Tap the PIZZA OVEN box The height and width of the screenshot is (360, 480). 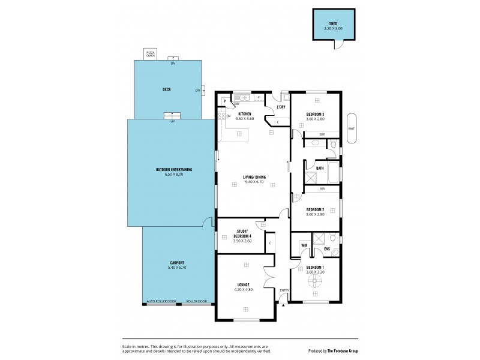click(151, 54)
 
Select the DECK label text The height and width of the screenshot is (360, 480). click(167, 90)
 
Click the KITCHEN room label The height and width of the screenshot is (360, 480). click(245, 114)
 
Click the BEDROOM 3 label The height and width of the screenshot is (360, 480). click(315, 114)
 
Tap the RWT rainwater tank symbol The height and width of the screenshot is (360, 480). click(352, 128)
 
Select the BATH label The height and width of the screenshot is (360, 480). click(320, 168)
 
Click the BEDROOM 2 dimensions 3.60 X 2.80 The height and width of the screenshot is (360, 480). click(315, 214)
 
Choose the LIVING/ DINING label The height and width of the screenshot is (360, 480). click(254, 177)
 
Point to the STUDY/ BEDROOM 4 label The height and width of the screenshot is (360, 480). click(242, 234)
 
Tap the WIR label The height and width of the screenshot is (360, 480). click(304, 245)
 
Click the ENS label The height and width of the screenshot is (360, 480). click(326, 248)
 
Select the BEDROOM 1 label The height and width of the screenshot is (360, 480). click(315, 267)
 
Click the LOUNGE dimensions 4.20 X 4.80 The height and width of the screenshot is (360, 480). click(243, 289)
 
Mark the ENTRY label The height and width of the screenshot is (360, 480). click(284, 290)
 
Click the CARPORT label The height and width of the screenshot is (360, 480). click(177, 263)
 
